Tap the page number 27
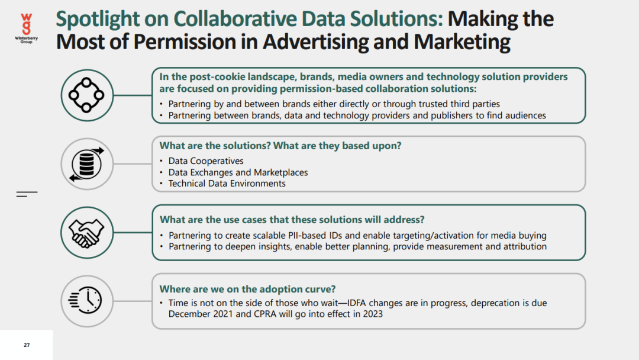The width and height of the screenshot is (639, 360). (27, 345)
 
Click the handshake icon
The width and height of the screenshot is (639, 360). (86, 233)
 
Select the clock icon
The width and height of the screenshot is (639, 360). (85, 300)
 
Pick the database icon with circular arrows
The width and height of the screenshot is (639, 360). (86, 164)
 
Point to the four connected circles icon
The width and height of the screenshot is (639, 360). (86, 95)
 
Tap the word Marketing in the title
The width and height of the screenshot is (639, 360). (461, 41)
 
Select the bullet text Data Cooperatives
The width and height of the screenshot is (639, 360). (206, 161)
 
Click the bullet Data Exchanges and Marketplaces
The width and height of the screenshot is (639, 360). (238, 172)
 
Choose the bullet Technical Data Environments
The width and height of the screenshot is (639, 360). (227, 184)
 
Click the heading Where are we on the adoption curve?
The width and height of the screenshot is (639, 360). (247, 289)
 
